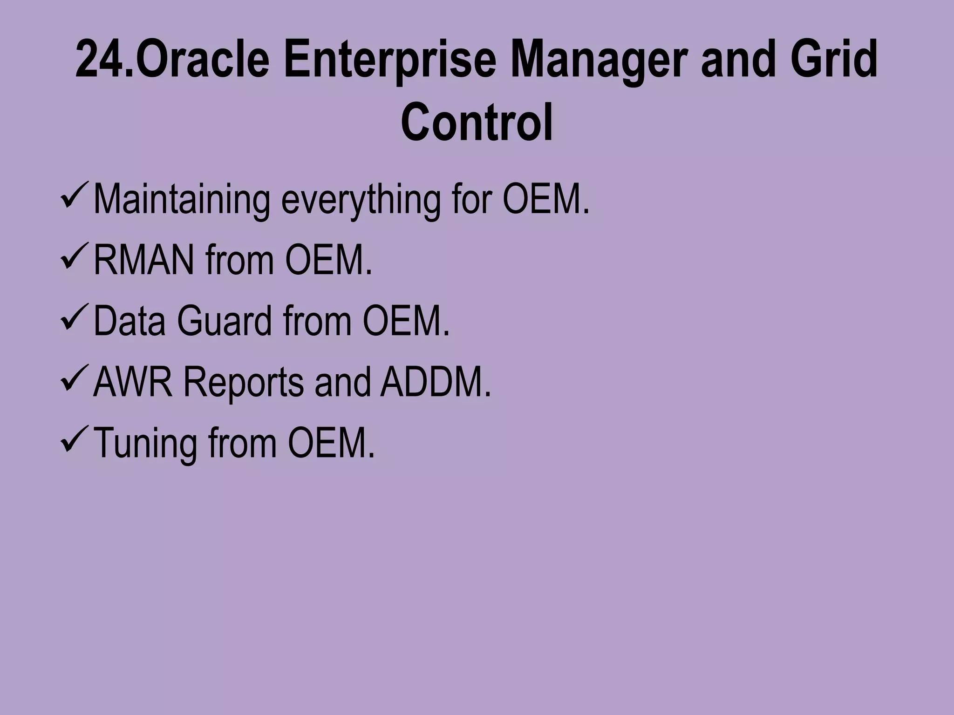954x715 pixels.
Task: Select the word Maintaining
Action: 181,199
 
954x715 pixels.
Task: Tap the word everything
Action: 361,199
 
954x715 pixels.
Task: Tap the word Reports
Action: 243,382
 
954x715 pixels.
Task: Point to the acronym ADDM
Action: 435,382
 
